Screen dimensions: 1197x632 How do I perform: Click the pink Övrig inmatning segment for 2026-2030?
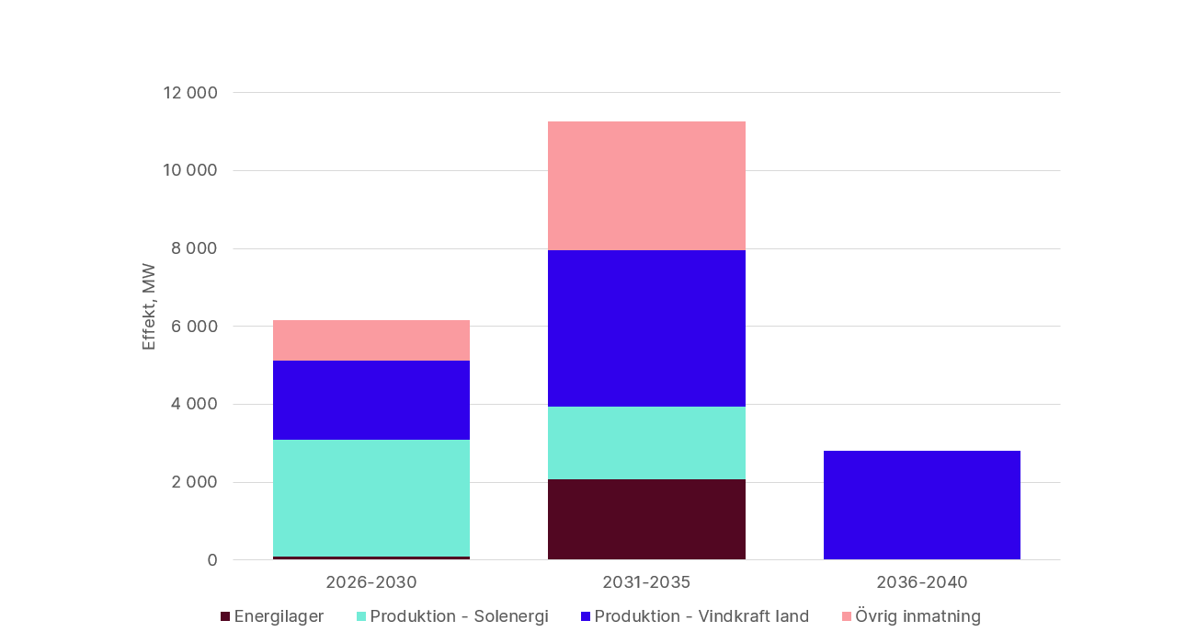371,340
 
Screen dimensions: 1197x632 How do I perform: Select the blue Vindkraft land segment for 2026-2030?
371,400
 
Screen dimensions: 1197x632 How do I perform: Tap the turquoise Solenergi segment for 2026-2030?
371,498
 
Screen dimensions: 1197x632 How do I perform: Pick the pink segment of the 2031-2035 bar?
646,186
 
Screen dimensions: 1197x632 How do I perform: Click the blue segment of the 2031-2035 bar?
646,328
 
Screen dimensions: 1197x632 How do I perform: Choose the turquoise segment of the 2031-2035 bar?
646,442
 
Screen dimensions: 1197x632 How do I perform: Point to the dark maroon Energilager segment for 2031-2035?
646,519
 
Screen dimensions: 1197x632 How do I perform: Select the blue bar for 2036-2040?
922,505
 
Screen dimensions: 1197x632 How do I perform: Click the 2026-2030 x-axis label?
371,582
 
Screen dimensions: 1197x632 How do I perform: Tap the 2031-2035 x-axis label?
646,582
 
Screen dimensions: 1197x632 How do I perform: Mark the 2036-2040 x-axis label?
922,582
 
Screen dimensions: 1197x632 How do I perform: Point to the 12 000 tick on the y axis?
190,93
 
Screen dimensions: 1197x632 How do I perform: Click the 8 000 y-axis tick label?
194,248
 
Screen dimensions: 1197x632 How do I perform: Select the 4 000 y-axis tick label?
194,404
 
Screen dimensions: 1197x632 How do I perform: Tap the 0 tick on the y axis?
212,560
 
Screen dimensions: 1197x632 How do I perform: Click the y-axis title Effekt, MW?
149,307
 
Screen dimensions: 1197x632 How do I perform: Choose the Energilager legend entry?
272,616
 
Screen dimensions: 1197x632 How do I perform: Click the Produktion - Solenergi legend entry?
452,616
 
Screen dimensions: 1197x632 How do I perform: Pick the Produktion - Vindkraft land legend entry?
695,616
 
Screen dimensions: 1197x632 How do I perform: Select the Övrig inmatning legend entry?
911,616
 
